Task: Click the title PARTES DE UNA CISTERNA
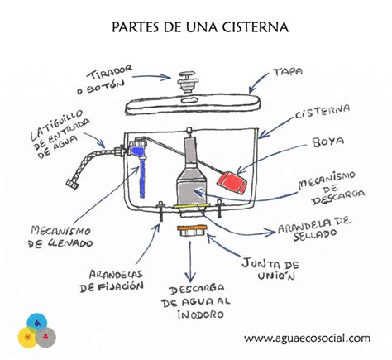[199, 26]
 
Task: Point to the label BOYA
[327, 142]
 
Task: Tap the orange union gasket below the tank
[191, 228]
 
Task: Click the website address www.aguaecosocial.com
[306, 338]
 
